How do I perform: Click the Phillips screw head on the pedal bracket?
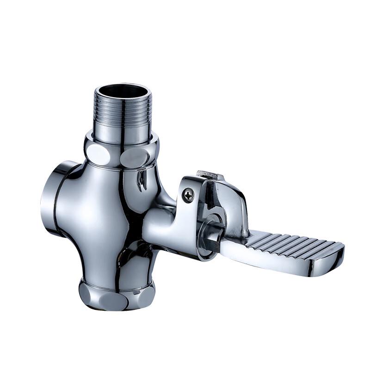tap(188, 195)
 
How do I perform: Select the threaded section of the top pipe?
tap(122, 113)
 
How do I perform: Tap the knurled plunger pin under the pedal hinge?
tap(214, 236)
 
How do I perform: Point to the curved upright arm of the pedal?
tap(234, 203)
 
